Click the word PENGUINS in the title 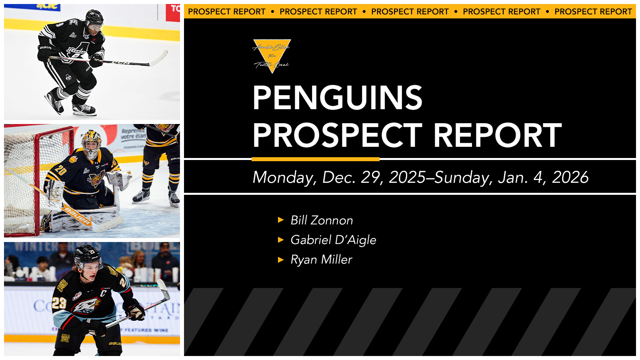point(337,98)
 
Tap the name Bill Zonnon point(322,220)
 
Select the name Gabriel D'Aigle point(333,240)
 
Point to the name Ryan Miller point(321,260)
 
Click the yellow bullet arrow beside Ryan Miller point(281,260)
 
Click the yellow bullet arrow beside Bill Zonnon point(281,220)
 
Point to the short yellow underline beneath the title point(315,159)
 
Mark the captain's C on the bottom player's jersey point(104,293)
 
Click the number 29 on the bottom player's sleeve point(59,303)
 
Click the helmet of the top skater point(94,18)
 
